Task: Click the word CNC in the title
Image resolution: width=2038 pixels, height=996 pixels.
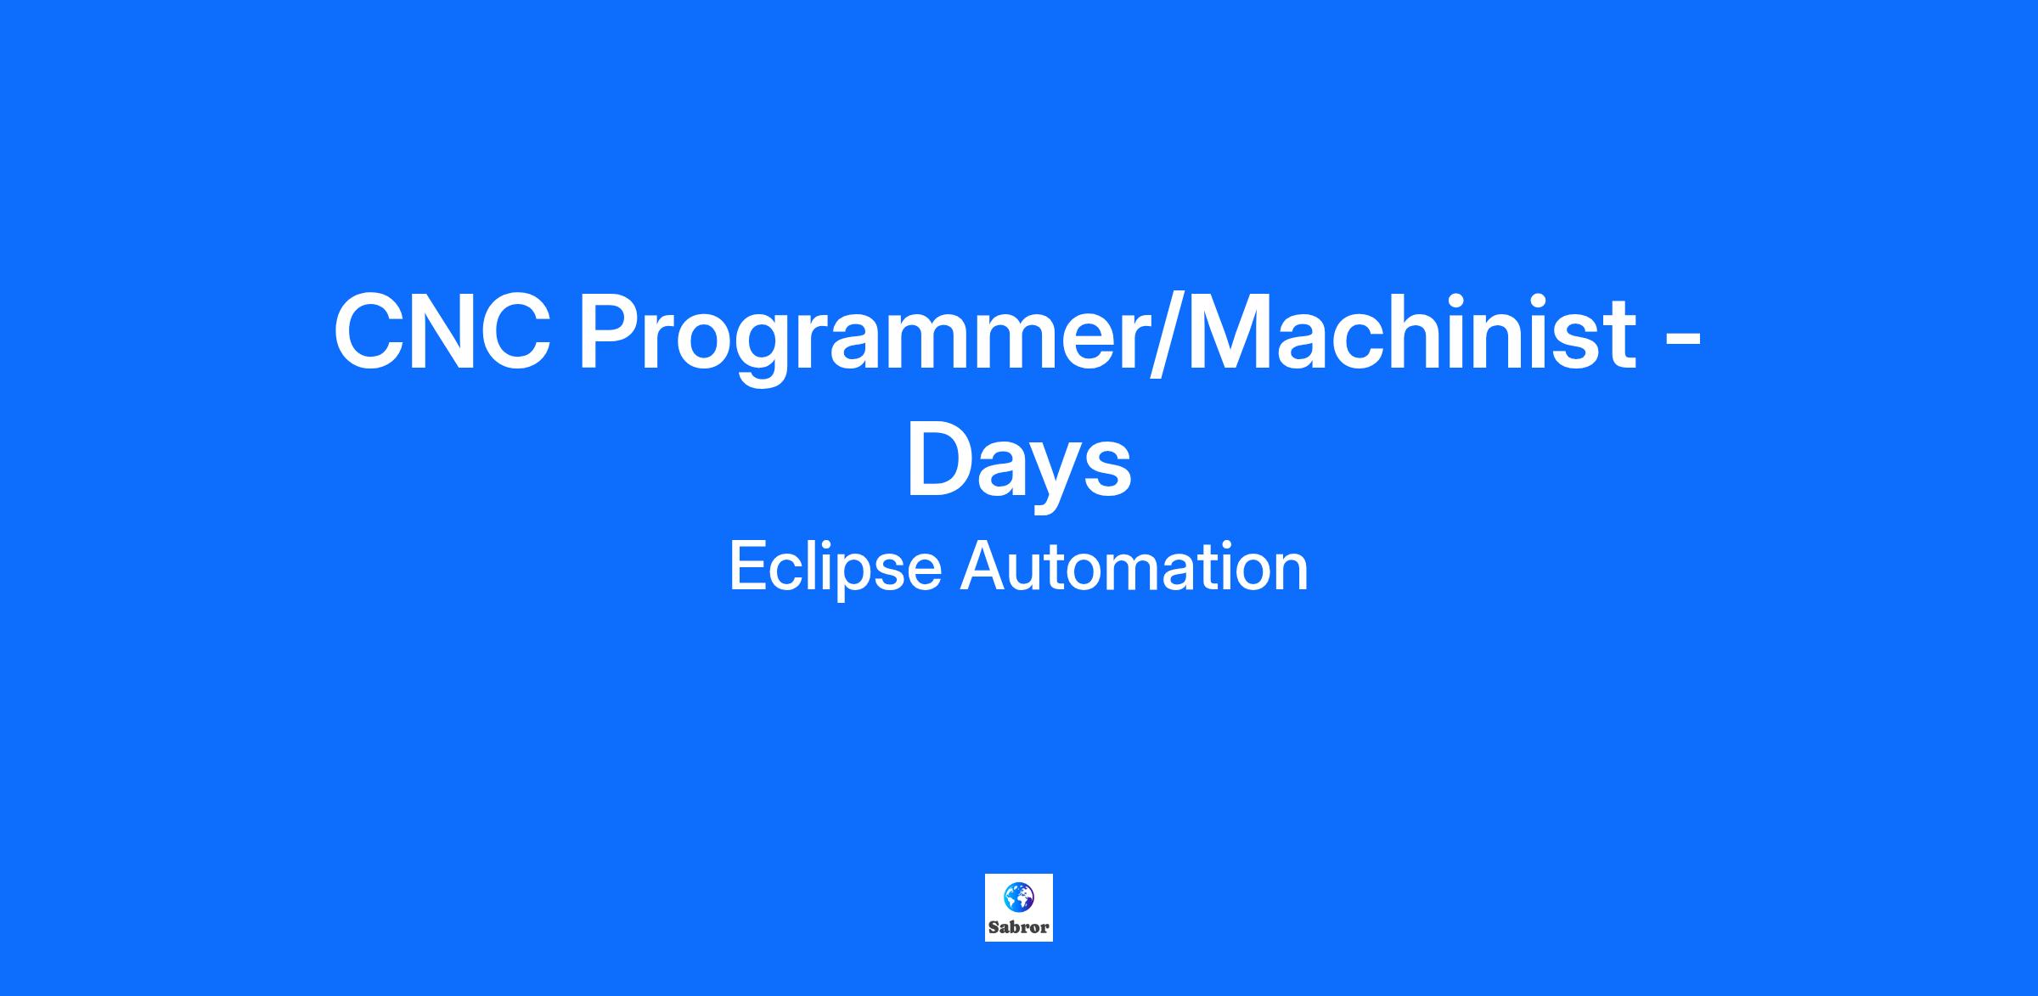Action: [x=442, y=331]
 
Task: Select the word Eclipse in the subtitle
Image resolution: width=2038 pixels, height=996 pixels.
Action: [x=836, y=567]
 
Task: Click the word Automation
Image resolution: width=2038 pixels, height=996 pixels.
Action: [x=1134, y=566]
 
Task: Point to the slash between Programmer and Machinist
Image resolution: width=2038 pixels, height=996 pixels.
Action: [x=1166, y=335]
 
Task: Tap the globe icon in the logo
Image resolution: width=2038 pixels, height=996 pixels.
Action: [x=1018, y=897]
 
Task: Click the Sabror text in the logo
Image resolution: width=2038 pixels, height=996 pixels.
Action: [x=1019, y=927]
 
